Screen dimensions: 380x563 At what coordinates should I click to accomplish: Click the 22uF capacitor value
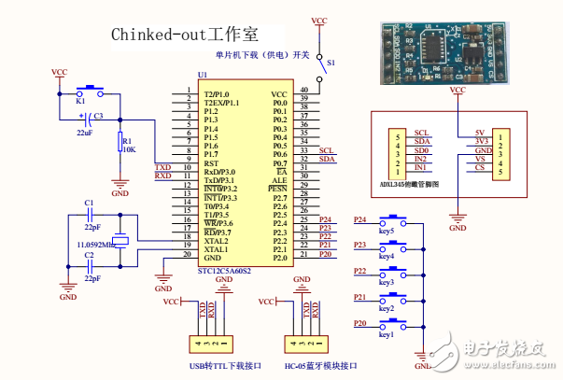[x=85, y=133]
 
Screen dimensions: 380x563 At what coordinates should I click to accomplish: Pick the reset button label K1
[x=80, y=99]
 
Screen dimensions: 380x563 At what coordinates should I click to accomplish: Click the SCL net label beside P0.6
[x=326, y=149]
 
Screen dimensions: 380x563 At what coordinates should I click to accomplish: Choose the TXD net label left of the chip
[x=163, y=167]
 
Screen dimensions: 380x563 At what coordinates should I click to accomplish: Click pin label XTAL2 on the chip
[x=216, y=241]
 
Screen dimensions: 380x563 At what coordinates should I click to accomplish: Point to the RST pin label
[x=211, y=163]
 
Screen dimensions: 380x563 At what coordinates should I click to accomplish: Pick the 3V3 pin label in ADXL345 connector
[x=481, y=141]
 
